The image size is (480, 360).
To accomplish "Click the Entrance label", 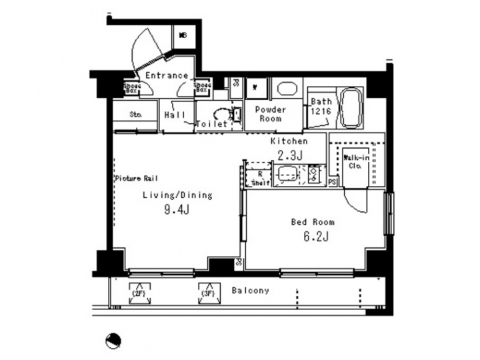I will (x=166, y=76).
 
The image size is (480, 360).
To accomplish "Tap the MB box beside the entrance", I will (x=182, y=36).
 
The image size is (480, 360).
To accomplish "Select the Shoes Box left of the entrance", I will (x=131, y=87).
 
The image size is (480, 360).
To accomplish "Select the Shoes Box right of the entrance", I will (x=202, y=87).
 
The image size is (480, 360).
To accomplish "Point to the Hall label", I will (x=175, y=115).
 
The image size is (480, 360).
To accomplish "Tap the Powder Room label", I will (x=271, y=114).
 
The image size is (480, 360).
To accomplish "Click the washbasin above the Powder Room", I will (x=287, y=90).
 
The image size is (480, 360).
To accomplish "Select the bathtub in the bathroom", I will (x=351, y=109).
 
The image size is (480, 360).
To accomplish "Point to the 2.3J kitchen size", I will (x=289, y=155).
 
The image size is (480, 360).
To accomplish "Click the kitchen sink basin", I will (x=286, y=175).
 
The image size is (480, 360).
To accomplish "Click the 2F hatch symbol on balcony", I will (x=139, y=293).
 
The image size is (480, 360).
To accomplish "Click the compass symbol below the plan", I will (x=113, y=341).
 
